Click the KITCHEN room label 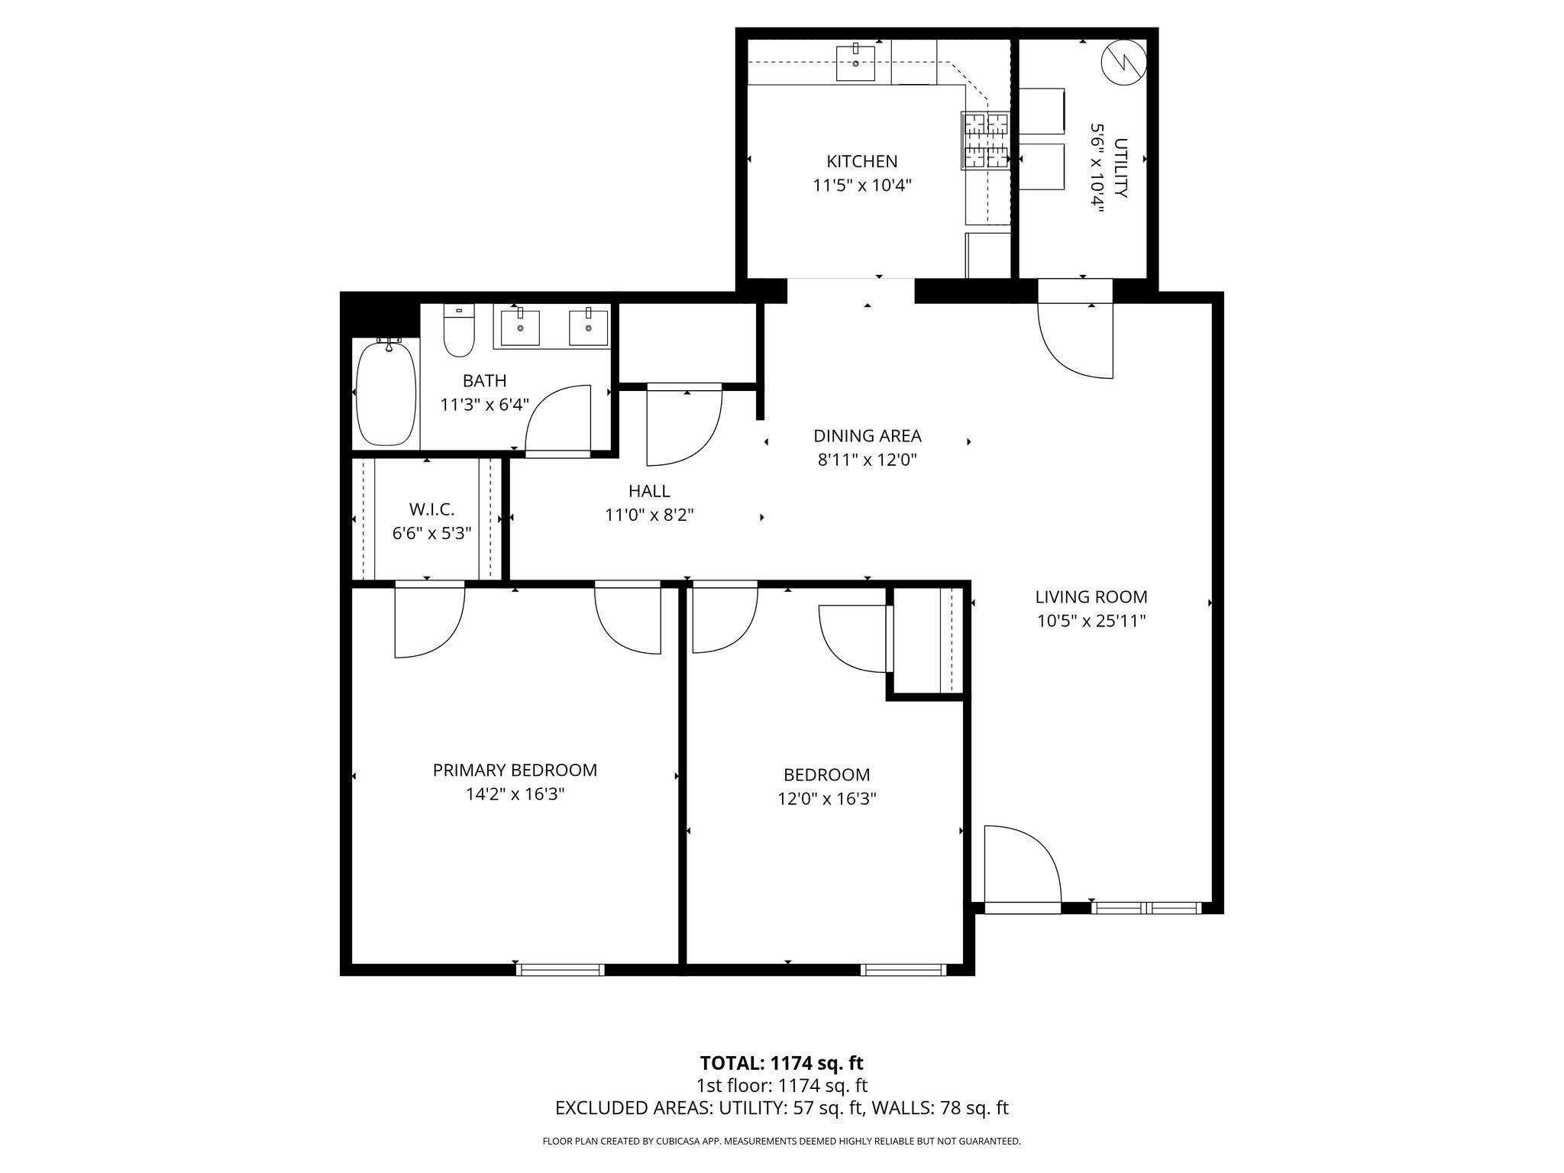coord(861,161)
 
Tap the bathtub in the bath coord(386,394)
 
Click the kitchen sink coord(855,63)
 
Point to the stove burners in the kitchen coord(984,141)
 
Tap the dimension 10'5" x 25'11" coord(1091,621)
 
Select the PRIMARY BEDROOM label coord(515,770)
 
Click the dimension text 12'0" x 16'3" coord(826,799)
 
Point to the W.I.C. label coord(431,509)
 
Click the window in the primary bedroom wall coord(561,970)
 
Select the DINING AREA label coord(867,436)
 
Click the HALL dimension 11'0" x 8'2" coord(649,515)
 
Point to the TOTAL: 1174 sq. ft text coord(781,1062)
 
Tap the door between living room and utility coord(1075,336)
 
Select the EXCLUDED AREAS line coord(781,1107)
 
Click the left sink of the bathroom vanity coord(520,328)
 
